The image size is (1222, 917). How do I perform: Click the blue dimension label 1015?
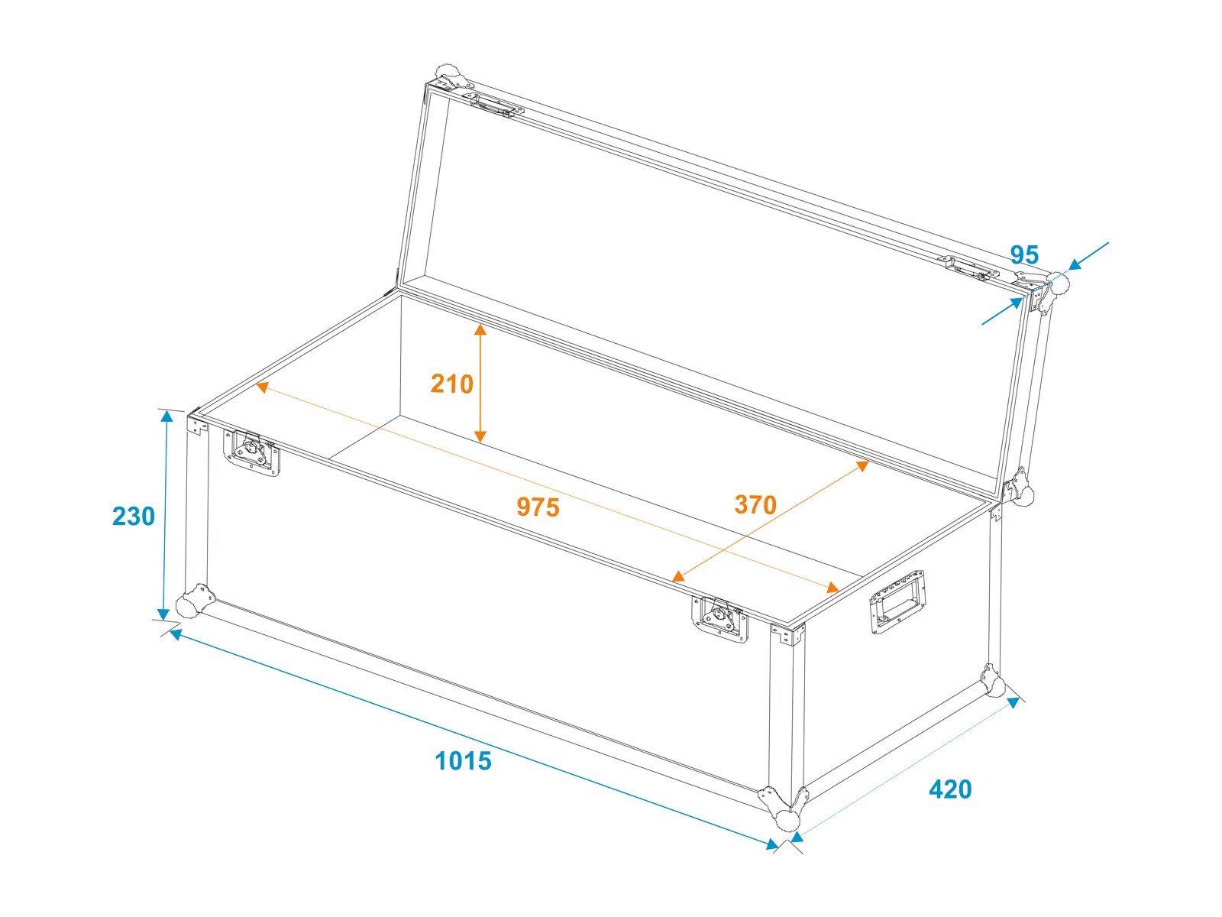tap(463, 760)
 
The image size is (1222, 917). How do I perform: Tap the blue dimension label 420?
tap(950, 789)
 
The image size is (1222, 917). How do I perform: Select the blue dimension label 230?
tap(134, 516)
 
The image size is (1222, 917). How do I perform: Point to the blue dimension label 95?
tap(1024, 254)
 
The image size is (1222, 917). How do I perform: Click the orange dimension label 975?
tap(538, 507)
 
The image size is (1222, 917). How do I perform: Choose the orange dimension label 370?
tap(755, 504)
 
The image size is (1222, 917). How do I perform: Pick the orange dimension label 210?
tap(452, 384)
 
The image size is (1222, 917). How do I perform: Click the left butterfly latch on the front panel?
tap(251, 452)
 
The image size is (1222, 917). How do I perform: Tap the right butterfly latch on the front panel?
tap(720, 618)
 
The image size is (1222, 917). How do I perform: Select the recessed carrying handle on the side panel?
tap(897, 602)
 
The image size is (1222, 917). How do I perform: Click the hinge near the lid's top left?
tap(496, 105)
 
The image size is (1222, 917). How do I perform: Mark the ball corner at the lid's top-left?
tap(449, 77)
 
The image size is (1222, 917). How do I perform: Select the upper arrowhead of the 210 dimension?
tap(480, 329)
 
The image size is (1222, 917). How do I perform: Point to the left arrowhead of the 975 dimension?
tap(262, 387)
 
